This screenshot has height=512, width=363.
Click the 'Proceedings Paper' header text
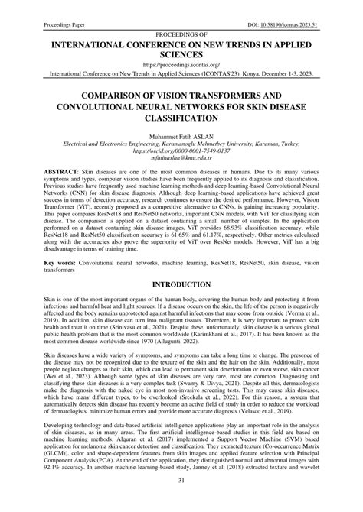[x=50, y=5]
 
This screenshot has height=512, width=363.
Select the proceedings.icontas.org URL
[x=181, y=65]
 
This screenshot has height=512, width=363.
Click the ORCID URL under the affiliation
[x=181, y=151]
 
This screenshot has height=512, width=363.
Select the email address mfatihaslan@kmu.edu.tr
[x=181, y=160]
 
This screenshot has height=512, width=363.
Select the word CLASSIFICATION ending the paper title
[x=181, y=119]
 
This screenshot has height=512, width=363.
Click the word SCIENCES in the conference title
[x=181, y=54]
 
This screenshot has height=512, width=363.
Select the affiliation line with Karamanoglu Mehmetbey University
[x=181, y=143]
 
